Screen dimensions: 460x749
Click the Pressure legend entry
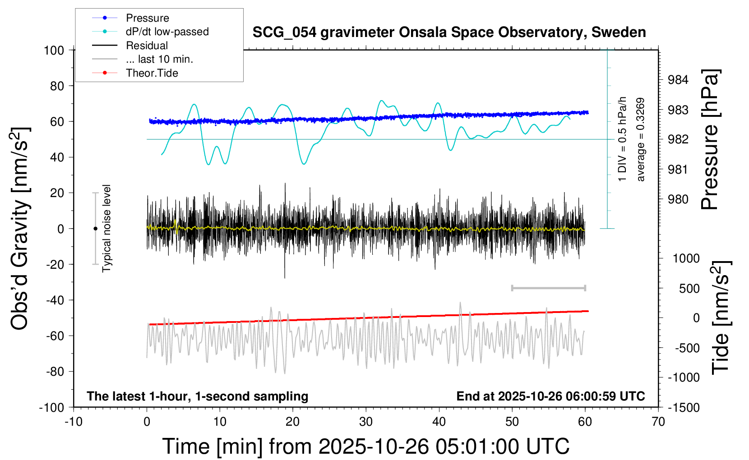coord(147,18)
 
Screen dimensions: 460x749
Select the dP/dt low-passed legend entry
coord(167,32)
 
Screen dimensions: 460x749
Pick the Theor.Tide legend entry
coord(152,73)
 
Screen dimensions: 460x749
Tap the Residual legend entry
coord(147,46)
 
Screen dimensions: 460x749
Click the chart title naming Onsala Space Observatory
coord(449,32)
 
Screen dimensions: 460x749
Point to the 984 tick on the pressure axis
coord(678,80)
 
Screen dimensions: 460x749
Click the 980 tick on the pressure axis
coord(678,199)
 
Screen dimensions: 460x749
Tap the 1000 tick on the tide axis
coord(686,258)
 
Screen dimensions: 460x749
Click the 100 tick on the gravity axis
coord(54,50)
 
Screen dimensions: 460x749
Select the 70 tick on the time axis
coord(658,422)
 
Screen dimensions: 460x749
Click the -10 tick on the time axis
coord(74,422)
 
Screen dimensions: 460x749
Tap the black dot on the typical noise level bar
coord(95,229)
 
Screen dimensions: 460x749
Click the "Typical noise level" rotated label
coord(106,228)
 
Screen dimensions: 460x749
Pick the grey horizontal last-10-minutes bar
coord(548,288)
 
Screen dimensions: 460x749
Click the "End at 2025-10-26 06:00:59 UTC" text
coord(550,396)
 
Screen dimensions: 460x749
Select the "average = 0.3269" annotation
coord(641,140)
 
